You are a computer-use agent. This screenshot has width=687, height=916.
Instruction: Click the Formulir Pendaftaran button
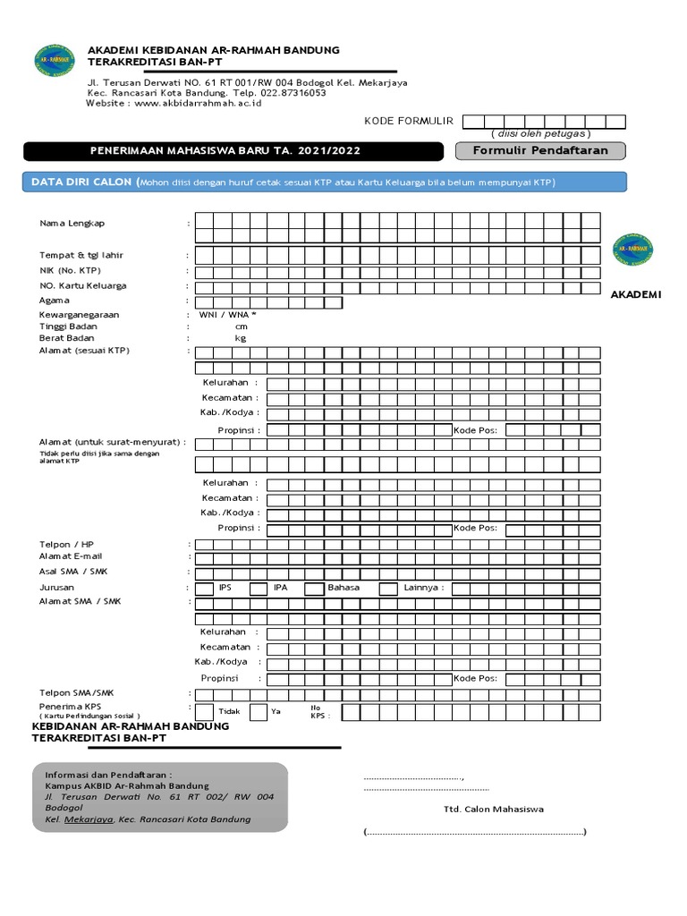point(540,150)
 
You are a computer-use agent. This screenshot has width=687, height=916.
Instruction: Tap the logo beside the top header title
point(55,60)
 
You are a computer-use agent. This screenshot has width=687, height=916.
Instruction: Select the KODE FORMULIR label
point(408,121)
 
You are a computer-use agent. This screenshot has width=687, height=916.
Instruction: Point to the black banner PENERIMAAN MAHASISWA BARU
point(233,151)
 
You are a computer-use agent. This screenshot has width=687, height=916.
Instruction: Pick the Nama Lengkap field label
point(72,224)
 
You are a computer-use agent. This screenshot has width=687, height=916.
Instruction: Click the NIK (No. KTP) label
point(71,270)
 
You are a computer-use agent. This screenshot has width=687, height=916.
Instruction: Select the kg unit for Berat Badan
point(240,338)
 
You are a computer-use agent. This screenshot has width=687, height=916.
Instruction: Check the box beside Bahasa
point(313,588)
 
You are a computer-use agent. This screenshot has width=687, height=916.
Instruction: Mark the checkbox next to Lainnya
point(387,588)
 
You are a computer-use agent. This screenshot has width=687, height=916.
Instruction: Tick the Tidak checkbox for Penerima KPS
point(204,712)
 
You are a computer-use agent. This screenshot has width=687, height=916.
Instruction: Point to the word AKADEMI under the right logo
point(635,294)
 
